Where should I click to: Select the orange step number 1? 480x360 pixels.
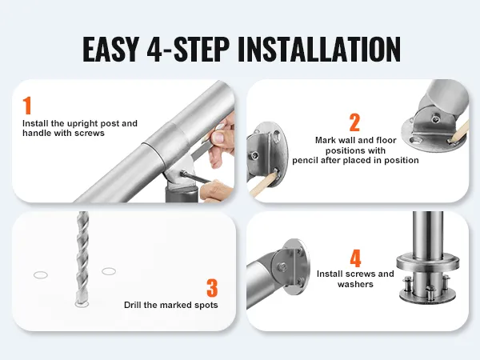coord(27,106)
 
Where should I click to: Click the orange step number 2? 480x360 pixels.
coord(354,122)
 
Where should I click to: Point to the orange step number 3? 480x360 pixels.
coord(212,288)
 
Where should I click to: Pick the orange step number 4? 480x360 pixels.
coord(355,258)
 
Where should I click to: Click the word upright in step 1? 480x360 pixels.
coord(82,124)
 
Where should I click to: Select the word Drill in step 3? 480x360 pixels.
coord(133,305)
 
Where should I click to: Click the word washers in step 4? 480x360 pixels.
coord(355,284)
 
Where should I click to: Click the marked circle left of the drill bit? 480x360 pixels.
coord(41,275)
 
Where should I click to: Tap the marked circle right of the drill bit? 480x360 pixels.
coord(109,271)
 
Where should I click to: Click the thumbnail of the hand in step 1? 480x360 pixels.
coord(218,137)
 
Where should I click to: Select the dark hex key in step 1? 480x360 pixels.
coord(194,177)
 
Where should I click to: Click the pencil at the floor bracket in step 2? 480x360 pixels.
coord(458,131)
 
